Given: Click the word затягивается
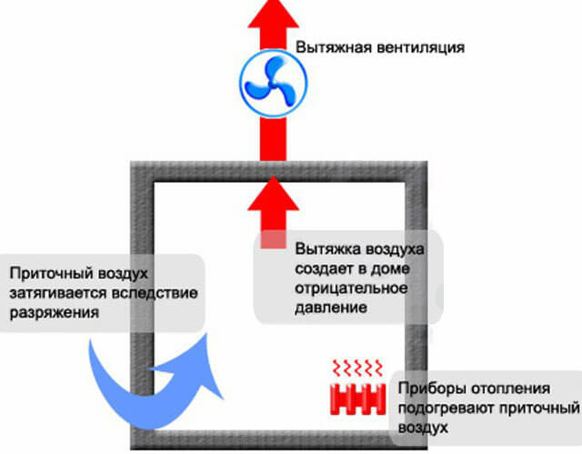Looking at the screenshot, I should pyautogui.click(x=52, y=293).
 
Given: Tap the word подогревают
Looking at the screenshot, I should pyautogui.click(x=440, y=406).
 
